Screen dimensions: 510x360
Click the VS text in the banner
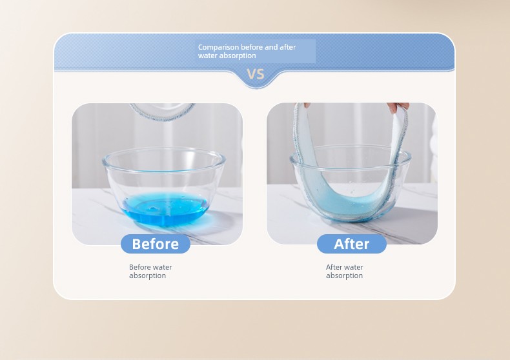[x=256, y=74]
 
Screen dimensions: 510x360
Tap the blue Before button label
[x=156, y=244]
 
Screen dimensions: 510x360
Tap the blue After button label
[x=352, y=244]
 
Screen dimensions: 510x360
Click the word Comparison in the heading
[x=219, y=48]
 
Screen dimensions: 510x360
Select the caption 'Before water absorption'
[x=150, y=272]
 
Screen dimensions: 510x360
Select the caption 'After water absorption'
[x=345, y=272]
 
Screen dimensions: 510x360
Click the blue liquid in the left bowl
[x=165, y=208]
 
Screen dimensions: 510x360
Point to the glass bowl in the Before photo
[x=164, y=187]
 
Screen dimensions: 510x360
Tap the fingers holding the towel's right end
[x=398, y=107]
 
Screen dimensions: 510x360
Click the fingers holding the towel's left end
[x=307, y=105]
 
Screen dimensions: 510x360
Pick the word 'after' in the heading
[x=287, y=47]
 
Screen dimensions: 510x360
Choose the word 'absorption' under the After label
[x=345, y=275]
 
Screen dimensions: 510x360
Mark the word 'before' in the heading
[x=252, y=47]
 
